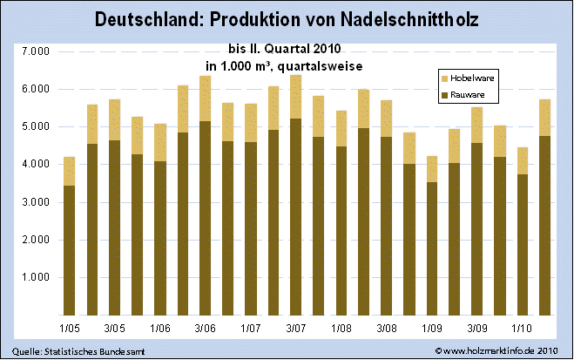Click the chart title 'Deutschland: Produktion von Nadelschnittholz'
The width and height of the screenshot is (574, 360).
click(x=287, y=19)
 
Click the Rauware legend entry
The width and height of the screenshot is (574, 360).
click(x=468, y=94)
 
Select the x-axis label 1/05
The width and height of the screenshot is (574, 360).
click(x=68, y=329)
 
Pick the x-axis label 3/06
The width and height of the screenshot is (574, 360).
click(x=205, y=329)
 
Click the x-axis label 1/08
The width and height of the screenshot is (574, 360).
click(x=341, y=329)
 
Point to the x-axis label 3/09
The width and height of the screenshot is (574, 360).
click(x=477, y=329)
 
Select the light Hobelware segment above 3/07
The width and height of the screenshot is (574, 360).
click(x=295, y=97)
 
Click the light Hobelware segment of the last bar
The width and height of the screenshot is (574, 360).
click(x=544, y=118)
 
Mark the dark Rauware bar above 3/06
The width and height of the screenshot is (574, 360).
click(x=205, y=218)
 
